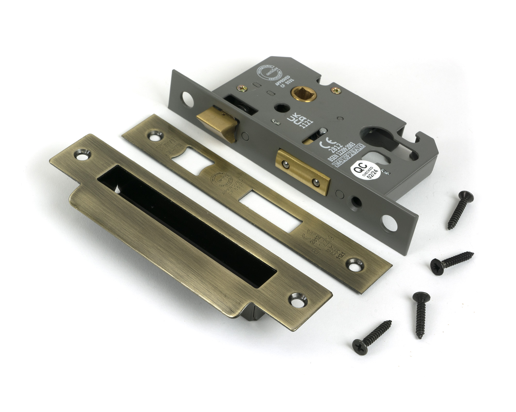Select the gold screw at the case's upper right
336,90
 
